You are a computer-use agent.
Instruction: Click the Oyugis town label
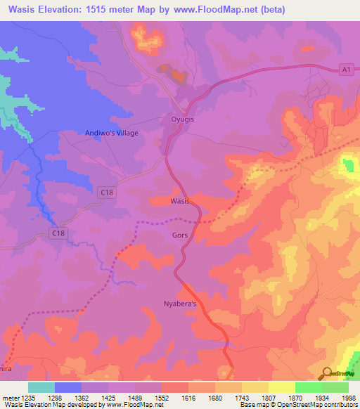184,119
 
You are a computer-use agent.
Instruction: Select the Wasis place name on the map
181,201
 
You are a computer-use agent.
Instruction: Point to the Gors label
179,235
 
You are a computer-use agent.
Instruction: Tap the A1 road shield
345,69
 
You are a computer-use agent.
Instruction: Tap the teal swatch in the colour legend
41,387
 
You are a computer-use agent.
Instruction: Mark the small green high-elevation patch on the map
348,167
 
